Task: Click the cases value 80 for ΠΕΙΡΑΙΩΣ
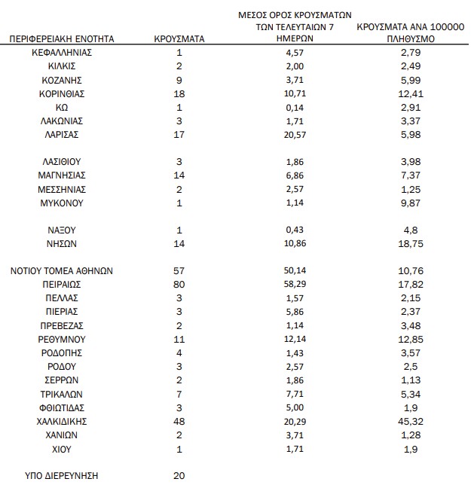[x=179, y=285]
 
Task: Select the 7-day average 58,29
[x=295, y=285]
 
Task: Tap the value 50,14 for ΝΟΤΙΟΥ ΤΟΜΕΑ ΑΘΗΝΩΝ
[x=295, y=271]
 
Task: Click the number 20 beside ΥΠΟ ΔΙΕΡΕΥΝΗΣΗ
[x=179, y=476]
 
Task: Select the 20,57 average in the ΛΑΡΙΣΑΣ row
[x=295, y=135]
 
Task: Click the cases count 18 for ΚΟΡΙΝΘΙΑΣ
[x=179, y=93]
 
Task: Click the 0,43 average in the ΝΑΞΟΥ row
[x=295, y=230]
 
